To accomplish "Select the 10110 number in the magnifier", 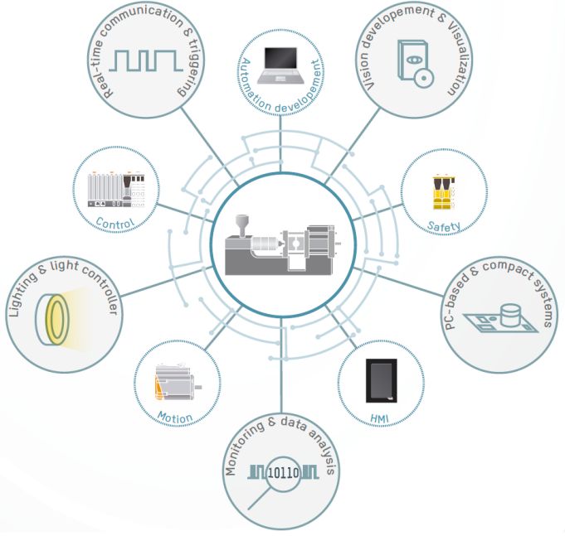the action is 285,475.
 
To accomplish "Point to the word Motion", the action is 175,418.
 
